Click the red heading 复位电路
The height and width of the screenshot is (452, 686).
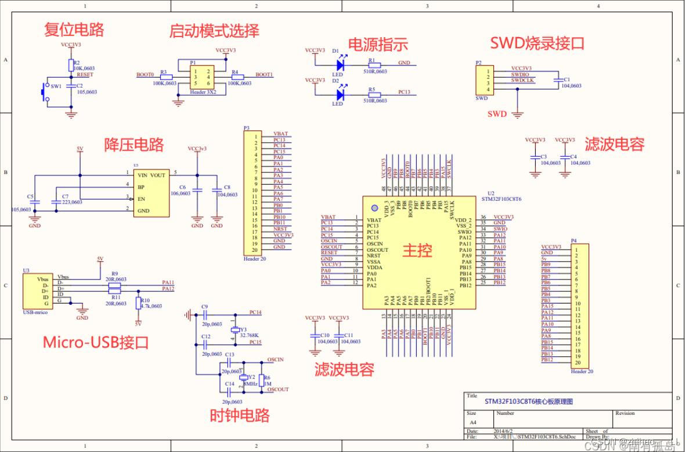74,29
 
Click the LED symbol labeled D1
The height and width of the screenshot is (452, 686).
340,66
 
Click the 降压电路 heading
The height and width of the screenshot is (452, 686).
133,144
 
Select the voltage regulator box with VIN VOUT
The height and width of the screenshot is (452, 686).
151,193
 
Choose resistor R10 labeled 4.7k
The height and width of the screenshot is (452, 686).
138,303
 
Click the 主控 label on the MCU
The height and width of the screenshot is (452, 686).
417,251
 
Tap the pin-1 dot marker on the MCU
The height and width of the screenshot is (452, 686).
374,208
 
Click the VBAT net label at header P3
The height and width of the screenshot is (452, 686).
280,134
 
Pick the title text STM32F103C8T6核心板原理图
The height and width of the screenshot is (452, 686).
528,402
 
